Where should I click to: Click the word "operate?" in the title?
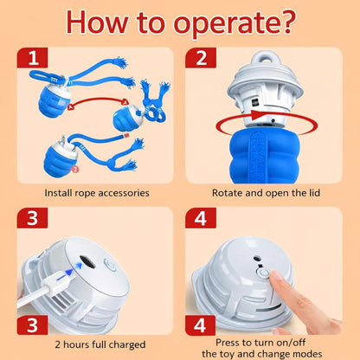click(x=235, y=23)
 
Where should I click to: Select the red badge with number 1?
click(x=32, y=58)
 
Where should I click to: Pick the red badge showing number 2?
click(x=201, y=58)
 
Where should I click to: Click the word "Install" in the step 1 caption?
click(x=58, y=193)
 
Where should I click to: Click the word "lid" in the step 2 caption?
click(x=314, y=193)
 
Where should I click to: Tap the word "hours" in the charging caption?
click(x=76, y=344)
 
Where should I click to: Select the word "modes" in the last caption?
click(x=307, y=354)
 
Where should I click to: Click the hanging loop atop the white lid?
click(x=265, y=58)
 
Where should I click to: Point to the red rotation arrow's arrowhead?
click(x=256, y=115)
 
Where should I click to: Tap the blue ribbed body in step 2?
click(x=265, y=157)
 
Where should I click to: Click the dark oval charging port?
click(x=87, y=262)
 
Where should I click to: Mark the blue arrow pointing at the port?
click(x=72, y=271)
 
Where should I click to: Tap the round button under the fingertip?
click(x=263, y=273)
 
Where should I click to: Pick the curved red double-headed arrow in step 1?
click(x=98, y=101)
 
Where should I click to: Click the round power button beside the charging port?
click(x=110, y=264)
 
